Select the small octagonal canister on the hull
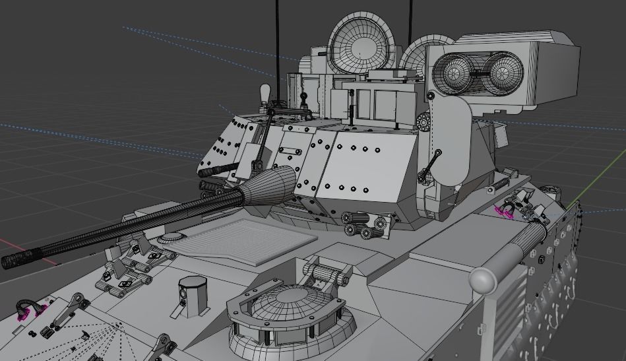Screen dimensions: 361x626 click(191, 291)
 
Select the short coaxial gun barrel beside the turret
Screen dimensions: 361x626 click(218, 171)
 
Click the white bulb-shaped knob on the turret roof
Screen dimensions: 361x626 click(266, 92)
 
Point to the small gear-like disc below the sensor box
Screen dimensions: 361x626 click(423, 121)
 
